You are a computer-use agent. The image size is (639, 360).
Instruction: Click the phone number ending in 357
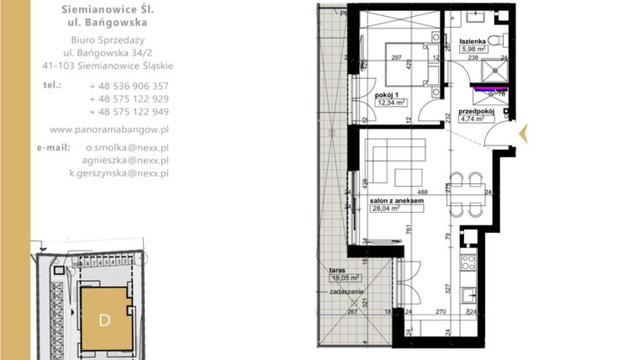[x=129, y=86]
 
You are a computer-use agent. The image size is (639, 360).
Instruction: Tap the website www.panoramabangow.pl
[x=109, y=130]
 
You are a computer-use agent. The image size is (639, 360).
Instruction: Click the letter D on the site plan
[x=105, y=320]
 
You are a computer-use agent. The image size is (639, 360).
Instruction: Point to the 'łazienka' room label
[x=473, y=40]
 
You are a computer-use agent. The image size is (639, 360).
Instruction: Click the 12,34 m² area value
[x=391, y=103]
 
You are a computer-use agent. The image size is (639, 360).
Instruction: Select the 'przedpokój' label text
[x=475, y=111]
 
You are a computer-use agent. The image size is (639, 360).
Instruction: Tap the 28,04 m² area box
[x=387, y=209]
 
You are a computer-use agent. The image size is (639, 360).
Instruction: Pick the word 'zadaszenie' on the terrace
[x=347, y=290]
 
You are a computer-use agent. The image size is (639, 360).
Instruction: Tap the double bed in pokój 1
[x=404, y=59]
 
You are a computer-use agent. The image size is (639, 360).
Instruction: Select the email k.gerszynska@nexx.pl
[x=119, y=172]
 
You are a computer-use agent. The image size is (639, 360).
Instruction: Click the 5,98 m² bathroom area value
[x=473, y=48]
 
